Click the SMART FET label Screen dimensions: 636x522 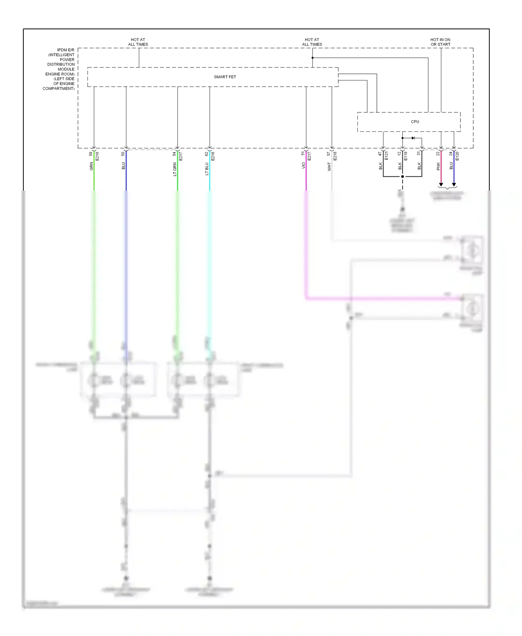[x=225, y=77]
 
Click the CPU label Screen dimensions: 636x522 [x=415, y=122]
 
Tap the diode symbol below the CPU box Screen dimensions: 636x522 [x=413, y=138]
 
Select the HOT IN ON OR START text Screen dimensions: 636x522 [x=440, y=42]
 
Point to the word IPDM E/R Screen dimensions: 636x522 [x=66, y=50]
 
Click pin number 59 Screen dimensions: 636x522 [x=91, y=153]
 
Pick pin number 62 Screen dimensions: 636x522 [x=206, y=153]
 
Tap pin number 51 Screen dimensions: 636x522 [x=303, y=153]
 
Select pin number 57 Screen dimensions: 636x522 [x=329, y=153]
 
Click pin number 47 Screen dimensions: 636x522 [x=380, y=153]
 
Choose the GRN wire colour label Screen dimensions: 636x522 [x=92, y=166]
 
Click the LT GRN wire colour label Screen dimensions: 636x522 [x=175, y=169]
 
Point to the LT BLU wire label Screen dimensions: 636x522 [x=207, y=169]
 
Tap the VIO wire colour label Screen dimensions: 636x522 [x=303, y=166]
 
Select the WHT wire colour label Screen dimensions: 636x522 [x=329, y=167]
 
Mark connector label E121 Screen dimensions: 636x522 [x=386, y=156]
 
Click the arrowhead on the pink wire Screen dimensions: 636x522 [x=441, y=185]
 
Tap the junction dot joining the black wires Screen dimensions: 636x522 [x=403, y=176]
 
